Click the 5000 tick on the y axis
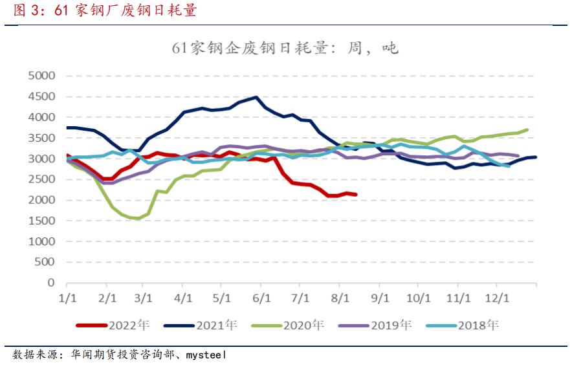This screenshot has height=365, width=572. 41,76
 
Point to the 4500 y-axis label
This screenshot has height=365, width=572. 41,96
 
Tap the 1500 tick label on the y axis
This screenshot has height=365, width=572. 41,221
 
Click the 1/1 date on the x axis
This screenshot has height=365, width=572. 67,298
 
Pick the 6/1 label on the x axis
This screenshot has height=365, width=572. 261,298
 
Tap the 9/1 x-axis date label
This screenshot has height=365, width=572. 379,298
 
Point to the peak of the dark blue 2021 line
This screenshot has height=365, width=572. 257,98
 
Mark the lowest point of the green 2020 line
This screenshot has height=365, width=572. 137,219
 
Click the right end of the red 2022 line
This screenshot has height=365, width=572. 356,194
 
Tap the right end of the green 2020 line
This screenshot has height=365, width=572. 527,129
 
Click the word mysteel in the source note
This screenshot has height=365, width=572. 206,355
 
